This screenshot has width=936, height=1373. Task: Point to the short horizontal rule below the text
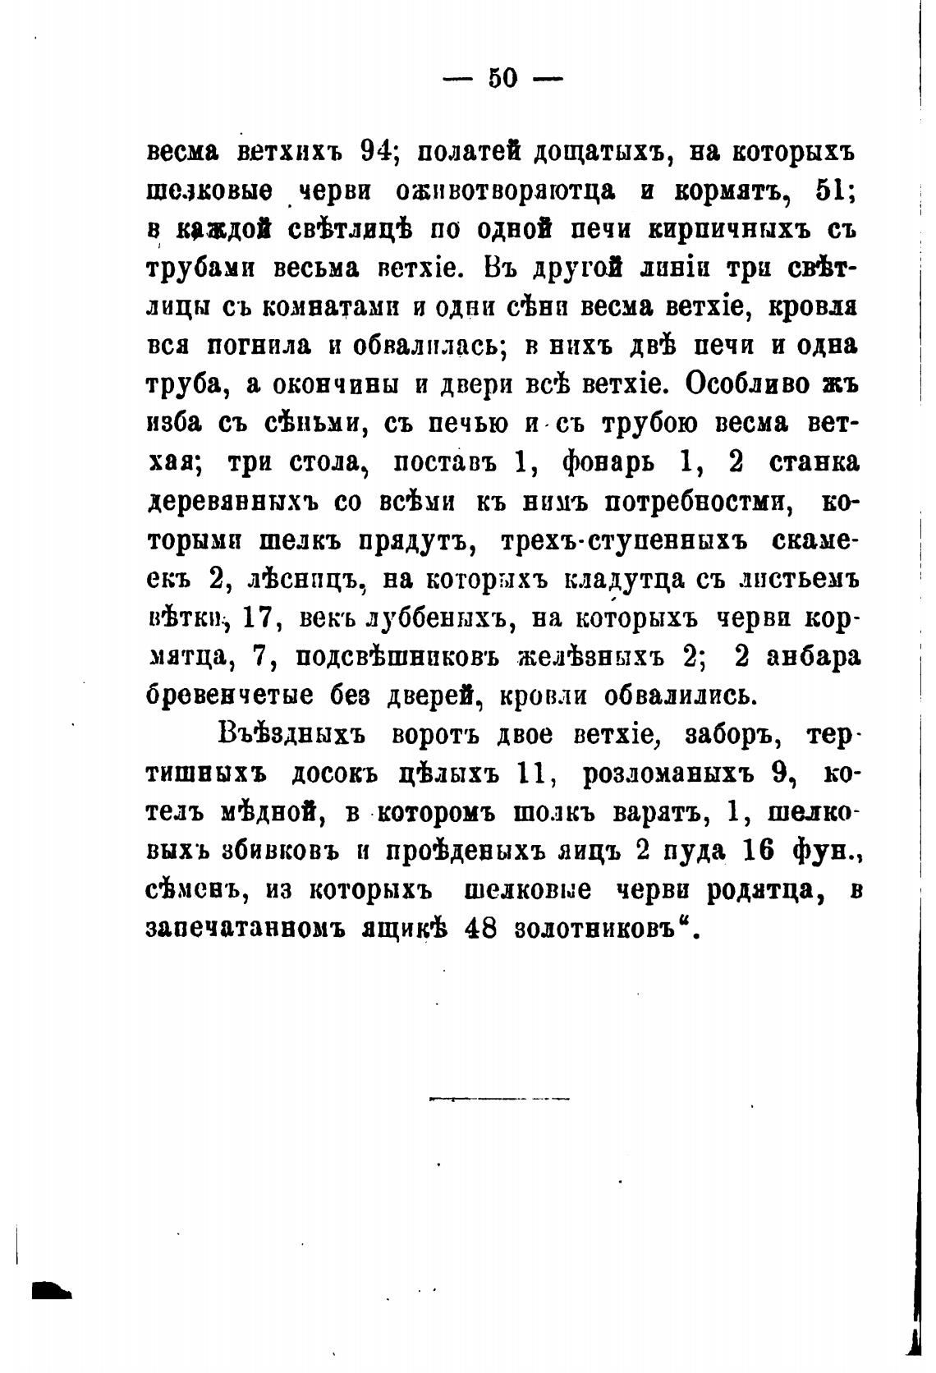(x=499, y=1097)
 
